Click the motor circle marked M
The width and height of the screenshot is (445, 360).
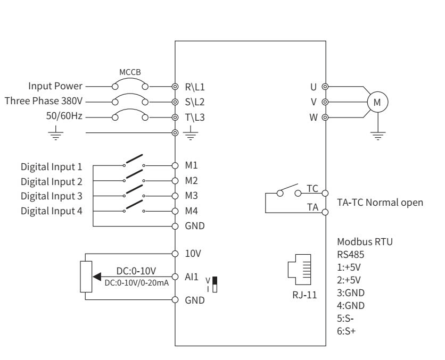(x=377, y=91)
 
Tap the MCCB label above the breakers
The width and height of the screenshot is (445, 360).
(x=130, y=72)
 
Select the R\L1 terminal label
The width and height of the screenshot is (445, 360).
(x=195, y=87)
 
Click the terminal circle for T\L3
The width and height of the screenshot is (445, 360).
(x=175, y=118)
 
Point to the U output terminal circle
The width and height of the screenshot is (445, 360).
(x=325, y=87)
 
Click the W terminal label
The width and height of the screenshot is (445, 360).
(x=314, y=118)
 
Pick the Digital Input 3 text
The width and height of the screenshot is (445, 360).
(x=52, y=196)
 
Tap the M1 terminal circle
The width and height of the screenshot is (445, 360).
(x=175, y=165)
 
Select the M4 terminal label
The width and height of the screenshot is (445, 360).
(x=191, y=211)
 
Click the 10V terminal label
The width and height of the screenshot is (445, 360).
(x=193, y=254)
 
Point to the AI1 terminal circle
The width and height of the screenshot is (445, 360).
(x=175, y=277)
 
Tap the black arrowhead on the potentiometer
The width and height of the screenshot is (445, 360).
(x=97, y=277)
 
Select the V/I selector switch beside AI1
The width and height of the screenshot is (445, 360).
(x=215, y=284)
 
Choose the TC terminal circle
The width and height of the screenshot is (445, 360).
(x=325, y=194)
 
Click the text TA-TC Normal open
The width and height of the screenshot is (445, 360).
(x=380, y=203)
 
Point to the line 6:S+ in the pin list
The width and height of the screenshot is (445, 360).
(x=346, y=331)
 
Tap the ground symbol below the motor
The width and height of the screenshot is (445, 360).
(x=378, y=136)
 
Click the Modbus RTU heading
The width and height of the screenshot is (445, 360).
(x=365, y=242)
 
